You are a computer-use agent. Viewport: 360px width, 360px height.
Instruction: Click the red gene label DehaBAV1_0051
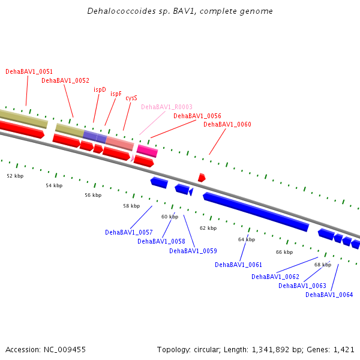(29, 71)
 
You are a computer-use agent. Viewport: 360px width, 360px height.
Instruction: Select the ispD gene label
(100, 89)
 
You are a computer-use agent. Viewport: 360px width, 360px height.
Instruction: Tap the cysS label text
(131, 98)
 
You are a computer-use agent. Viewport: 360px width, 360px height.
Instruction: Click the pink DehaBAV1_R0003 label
(167, 107)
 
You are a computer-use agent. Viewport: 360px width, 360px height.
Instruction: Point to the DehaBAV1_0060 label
(227, 124)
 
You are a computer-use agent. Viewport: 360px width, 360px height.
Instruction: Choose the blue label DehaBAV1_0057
(129, 232)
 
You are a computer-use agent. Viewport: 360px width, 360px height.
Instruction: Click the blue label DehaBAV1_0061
(238, 265)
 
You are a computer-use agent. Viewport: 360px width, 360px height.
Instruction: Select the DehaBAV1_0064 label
(329, 295)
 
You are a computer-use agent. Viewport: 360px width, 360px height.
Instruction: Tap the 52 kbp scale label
(15, 176)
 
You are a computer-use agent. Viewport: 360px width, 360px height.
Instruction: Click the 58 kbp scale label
(131, 206)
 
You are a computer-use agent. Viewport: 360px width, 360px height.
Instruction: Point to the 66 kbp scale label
(284, 252)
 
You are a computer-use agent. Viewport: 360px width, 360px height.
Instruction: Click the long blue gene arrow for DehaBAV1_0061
(256, 212)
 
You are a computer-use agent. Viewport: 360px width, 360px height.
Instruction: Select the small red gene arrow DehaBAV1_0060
(202, 178)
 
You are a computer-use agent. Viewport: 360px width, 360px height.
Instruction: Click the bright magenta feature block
(148, 151)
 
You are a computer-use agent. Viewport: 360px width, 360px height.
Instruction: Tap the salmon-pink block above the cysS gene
(119, 143)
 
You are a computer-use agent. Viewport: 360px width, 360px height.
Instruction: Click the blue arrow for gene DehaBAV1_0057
(159, 182)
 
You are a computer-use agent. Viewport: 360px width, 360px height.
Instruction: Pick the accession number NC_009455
(65, 350)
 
